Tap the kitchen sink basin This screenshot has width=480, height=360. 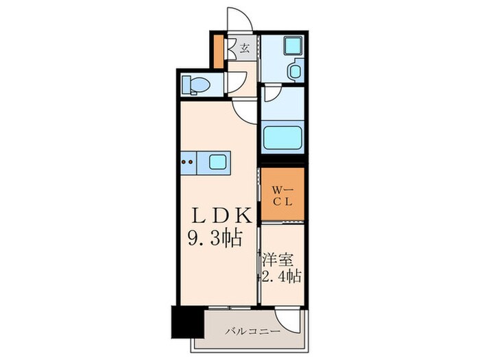[x=218, y=162]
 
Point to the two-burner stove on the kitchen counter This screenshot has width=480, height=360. [x=188, y=163]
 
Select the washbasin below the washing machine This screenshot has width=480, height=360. [x=296, y=71]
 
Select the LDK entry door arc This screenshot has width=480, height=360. [x=245, y=108]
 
